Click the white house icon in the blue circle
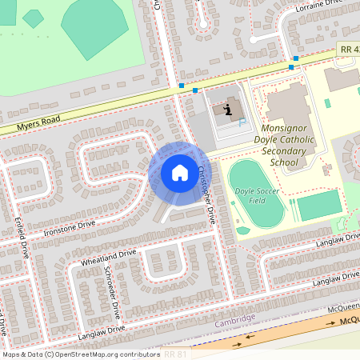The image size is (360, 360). [180, 172]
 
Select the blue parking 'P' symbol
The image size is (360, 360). [242, 122]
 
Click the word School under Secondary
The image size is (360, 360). [283, 162]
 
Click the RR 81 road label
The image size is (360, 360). [176, 353]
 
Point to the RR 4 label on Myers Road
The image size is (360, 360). [347, 50]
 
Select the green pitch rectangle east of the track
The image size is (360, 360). [318, 205]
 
